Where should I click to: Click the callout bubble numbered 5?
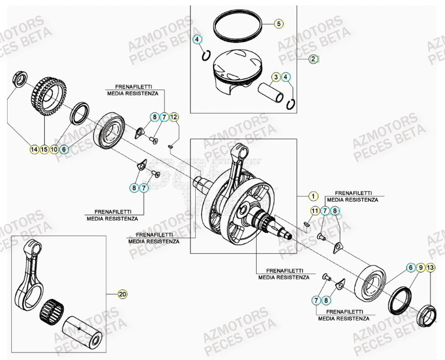click(x=279, y=23)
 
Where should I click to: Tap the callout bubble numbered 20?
click(x=122, y=294)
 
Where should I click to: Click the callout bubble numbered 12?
click(x=174, y=117)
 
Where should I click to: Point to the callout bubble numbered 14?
click(x=35, y=150)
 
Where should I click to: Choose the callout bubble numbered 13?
click(x=430, y=268)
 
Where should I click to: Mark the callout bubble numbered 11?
click(x=314, y=210)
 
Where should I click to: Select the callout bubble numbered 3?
click(x=276, y=77)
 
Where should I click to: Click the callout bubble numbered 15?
click(x=44, y=150)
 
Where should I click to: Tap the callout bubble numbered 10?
click(x=54, y=150)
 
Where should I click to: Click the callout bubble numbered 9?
click(x=420, y=268)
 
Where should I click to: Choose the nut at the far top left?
click(x=19, y=79)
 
